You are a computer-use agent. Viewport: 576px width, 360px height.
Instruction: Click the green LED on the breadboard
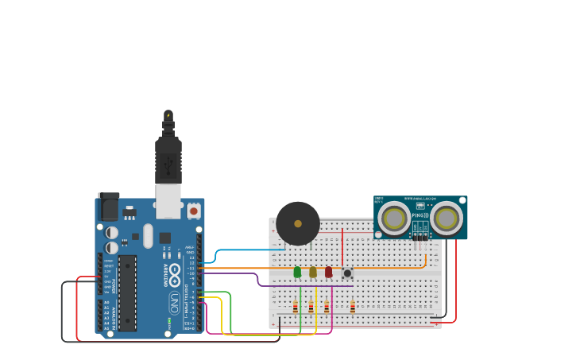pos(297,272)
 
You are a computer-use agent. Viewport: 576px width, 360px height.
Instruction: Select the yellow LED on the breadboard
pos(313,272)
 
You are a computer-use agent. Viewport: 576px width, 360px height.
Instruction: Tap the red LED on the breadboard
pos(328,272)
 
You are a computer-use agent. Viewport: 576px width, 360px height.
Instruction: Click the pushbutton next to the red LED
pos(346,273)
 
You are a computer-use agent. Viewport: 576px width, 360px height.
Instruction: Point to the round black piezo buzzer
pos(298,223)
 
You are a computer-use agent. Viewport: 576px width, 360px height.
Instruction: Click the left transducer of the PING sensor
pos(394,218)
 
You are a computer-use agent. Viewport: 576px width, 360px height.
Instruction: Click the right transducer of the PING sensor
pos(446,218)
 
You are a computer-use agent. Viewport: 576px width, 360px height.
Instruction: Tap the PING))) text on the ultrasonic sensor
pos(420,215)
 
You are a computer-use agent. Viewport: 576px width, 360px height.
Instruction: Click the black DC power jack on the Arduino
pos(108,207)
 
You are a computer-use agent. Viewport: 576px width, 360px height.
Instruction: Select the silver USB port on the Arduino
pos(168,201)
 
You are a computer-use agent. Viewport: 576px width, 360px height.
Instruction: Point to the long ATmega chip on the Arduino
pos(127,292)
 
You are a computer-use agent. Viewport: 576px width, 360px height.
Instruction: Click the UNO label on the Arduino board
pos(174,303)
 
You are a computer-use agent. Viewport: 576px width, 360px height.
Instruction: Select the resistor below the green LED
pos(295,307)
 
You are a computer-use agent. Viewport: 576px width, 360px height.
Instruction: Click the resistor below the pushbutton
pos(353,307)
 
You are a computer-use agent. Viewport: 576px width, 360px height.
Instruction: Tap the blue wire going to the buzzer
pos(238,250)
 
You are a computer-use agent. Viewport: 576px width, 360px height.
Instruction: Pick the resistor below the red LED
pos(327,307)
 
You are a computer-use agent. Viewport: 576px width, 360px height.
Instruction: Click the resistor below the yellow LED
pos(311,307)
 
